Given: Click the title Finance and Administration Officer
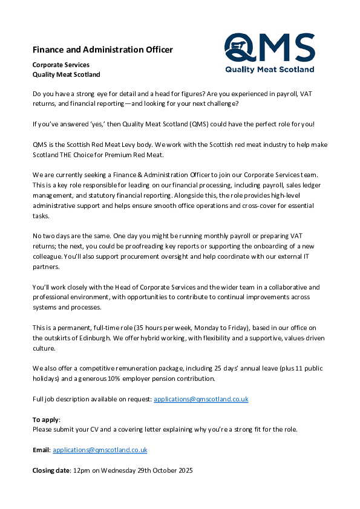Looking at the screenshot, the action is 102,50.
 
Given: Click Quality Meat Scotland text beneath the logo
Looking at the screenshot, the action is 269,70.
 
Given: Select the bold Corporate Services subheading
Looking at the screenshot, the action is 61,65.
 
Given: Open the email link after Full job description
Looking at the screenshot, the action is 201,399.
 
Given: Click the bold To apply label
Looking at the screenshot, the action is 46,420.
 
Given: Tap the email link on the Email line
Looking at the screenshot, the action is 100,450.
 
